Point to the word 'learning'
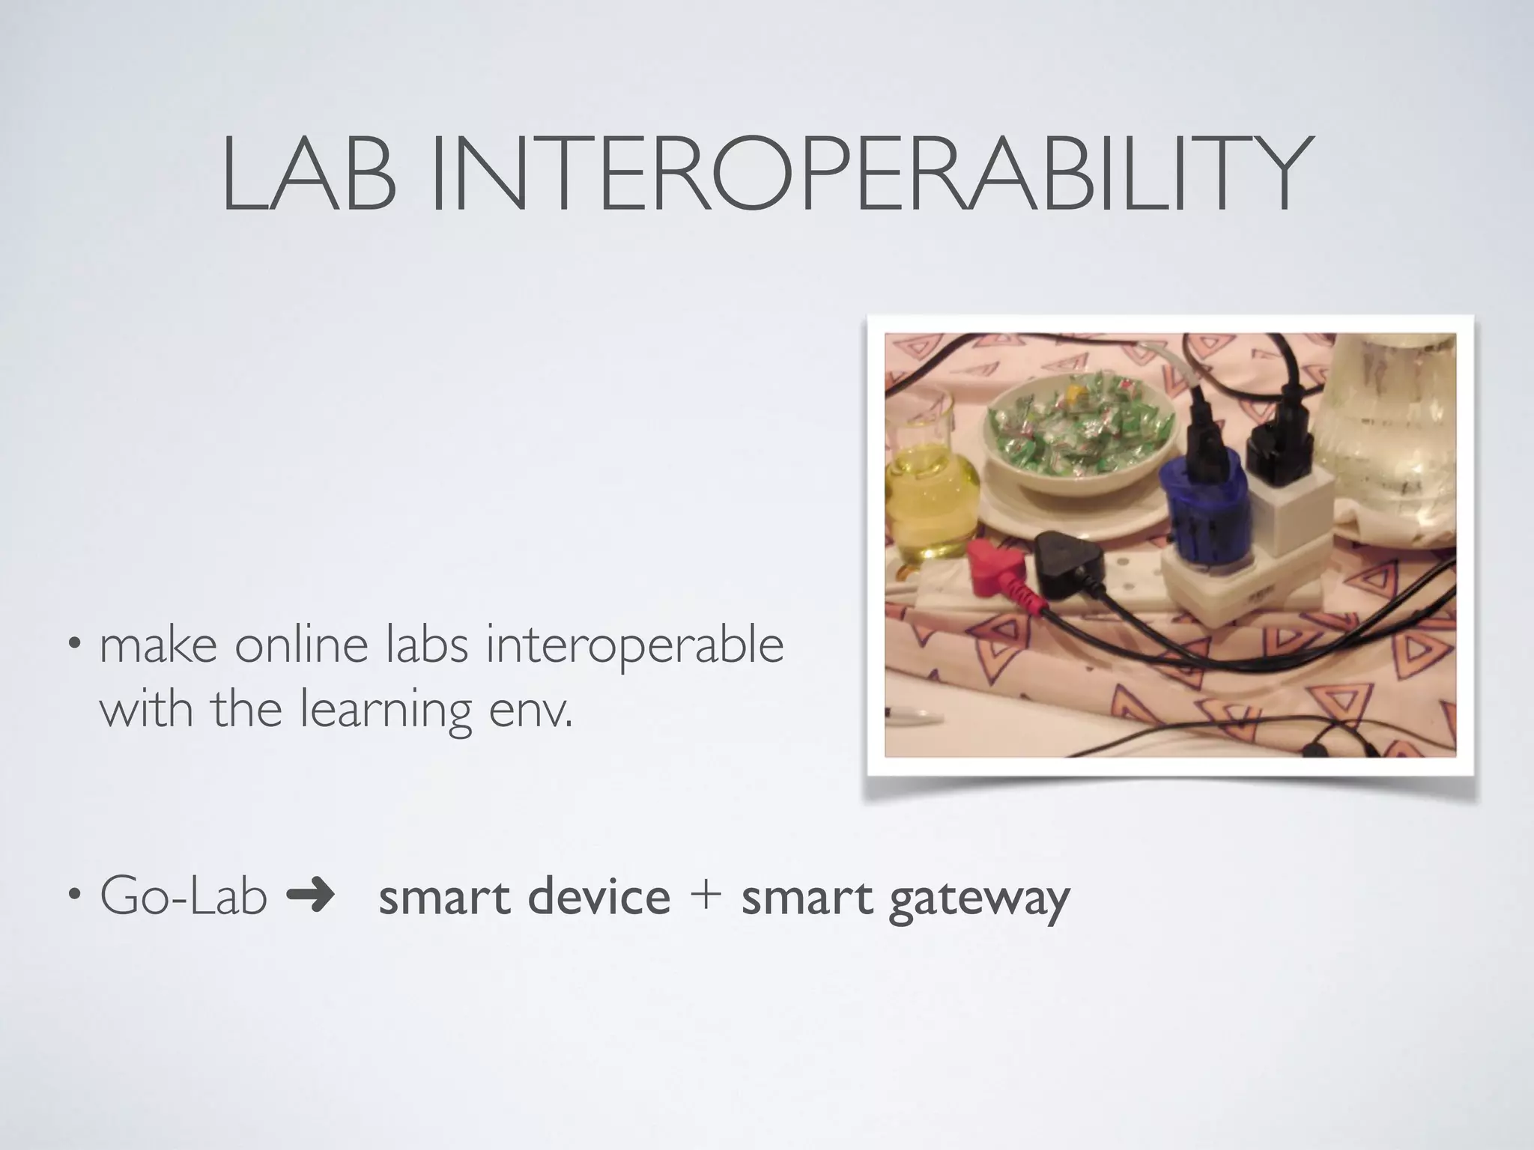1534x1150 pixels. click(x=386, y=711)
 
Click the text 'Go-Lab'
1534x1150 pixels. click(x=184, y=896)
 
